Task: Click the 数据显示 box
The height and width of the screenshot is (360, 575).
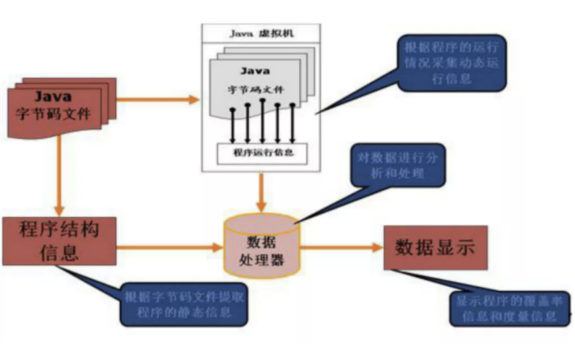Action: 435,248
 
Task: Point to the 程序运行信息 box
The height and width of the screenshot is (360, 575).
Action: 262,153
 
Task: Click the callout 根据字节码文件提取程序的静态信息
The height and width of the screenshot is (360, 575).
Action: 183,305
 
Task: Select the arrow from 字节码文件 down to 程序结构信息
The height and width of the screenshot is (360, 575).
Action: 59,176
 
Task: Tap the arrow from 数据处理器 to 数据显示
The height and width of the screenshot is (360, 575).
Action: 341,248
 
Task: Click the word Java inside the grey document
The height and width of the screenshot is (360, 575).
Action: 254,72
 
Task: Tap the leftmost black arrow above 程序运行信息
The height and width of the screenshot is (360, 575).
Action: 232,124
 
